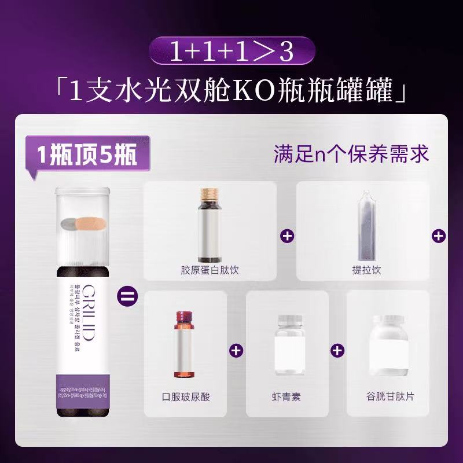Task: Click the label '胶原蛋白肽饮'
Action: pyautogui.click(x=210, y=270)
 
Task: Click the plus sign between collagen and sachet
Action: pyautogui.click(x=286, y=236)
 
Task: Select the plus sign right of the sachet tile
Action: pyautogui.click(x=439, y=236)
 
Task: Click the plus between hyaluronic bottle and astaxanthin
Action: pyautogui.click(x=236, y=350)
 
